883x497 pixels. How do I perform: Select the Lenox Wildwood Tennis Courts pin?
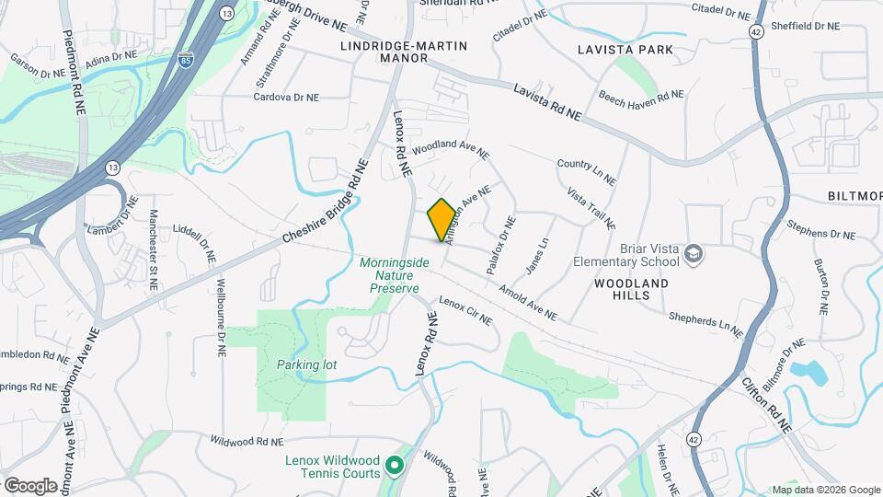395,467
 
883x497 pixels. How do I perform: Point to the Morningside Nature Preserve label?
395,275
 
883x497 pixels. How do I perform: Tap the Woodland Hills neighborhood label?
630,289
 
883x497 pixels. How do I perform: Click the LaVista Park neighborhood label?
637,49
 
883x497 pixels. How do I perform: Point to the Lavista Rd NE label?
547,102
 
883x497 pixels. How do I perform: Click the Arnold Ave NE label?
528,302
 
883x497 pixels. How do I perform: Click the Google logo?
30,485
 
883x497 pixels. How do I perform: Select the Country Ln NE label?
585,168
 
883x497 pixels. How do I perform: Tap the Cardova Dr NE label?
286,97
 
